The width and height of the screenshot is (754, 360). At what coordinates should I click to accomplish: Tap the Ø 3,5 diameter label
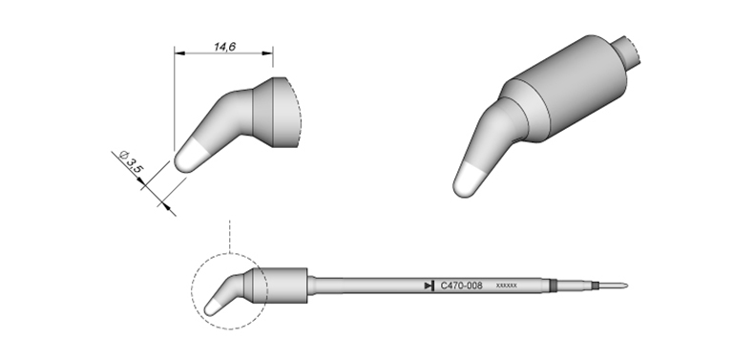pyautogui.click(x=130, y=161)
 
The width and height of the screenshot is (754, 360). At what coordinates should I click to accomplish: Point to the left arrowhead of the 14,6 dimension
pyautogui.click(x=178, y=53)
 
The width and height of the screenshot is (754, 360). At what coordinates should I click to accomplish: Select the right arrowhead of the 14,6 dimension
pyautogui.click(x=268, y=53)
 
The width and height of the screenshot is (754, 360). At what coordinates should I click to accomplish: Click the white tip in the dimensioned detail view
pyautogui.click(x=189, y=157)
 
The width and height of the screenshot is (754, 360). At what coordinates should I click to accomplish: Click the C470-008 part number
pyautogui.click(x=462, y=286)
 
